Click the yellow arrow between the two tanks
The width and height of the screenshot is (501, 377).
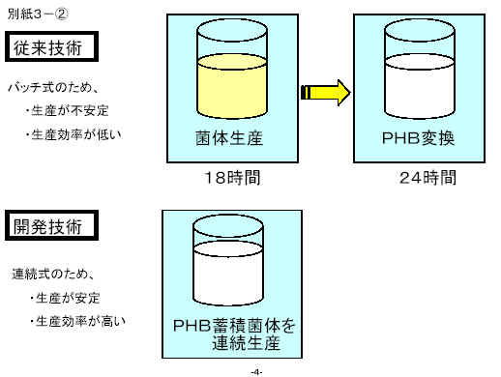tap(326, 93)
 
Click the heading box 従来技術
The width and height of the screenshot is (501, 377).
tap(51, 46)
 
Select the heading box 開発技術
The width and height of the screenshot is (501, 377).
tap(51, 225)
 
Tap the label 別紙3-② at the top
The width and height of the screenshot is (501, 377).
tap(38, 14)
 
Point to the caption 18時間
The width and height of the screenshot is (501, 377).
tap(232, 178)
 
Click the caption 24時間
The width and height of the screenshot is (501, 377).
tap(427, 178)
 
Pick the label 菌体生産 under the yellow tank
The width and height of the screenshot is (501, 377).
tap(229, 138)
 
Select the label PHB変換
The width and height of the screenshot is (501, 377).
tap(418, 138)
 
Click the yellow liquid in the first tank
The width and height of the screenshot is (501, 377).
tap(232, 86)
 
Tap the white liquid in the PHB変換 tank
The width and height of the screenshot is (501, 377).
tap(420, 86)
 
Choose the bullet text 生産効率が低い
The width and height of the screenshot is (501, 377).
tap(74, 134)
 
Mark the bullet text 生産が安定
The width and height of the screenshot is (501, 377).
tap(65, 298)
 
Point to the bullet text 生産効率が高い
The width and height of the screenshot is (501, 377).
tap(78, 321)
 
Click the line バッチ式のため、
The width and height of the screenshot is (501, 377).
tap(53, 87)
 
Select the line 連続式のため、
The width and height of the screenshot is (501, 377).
tap(53, 274)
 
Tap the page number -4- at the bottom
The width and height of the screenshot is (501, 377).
tap(256, 372)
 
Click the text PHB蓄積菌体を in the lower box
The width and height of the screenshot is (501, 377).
tap(234, 326)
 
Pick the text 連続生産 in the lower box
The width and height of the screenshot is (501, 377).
tap(246, 342)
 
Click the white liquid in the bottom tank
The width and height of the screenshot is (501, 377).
tap(228, 274)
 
